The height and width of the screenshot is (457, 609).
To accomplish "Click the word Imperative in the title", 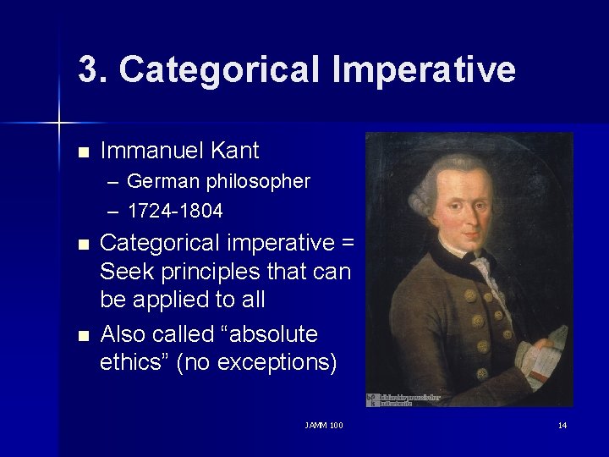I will click(423, 69).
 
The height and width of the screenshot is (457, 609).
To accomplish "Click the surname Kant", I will click(235, 151).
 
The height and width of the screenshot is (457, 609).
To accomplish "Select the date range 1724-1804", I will click(175, 210).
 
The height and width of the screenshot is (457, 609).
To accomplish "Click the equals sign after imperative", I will click(347, 244).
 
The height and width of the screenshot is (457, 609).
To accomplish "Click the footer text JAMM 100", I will click(323, 425).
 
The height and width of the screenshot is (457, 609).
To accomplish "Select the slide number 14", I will click(562, 425).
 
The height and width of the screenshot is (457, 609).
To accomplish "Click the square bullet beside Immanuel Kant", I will click(82, 153).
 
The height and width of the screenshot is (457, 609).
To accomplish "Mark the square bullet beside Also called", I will click(82, 336).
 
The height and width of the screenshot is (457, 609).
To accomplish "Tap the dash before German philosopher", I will click(113, 182).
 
